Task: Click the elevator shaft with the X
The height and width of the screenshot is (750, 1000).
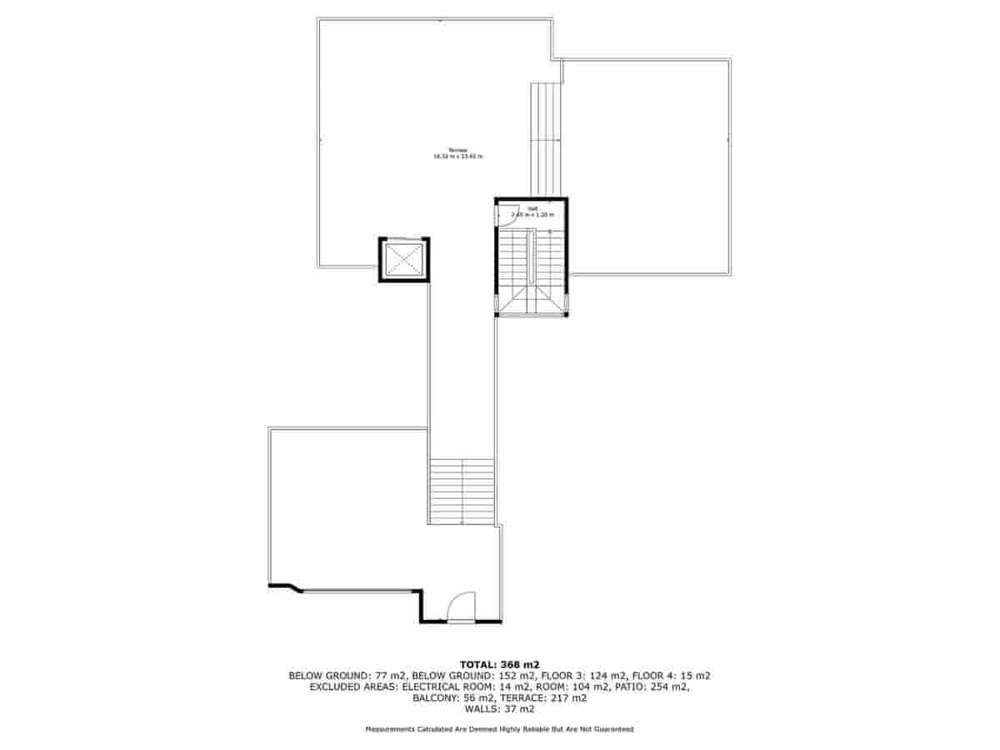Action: click(404, 260)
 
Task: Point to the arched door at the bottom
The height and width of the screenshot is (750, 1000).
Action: click(461, 607)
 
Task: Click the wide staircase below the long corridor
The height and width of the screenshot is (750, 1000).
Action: click(462, 491)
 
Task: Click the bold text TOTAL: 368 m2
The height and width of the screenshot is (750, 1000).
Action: click(500, 664)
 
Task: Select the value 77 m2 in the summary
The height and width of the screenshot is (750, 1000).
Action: click(387, 676)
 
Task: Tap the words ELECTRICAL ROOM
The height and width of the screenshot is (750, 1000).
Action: click(444, 687)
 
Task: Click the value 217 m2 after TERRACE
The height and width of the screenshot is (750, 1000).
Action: click(569, 698)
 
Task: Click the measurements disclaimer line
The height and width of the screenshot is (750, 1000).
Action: click(500, 729)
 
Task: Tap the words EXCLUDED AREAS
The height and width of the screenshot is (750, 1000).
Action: click(352, 687)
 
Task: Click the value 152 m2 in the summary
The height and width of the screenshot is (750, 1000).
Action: click(517, 676)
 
